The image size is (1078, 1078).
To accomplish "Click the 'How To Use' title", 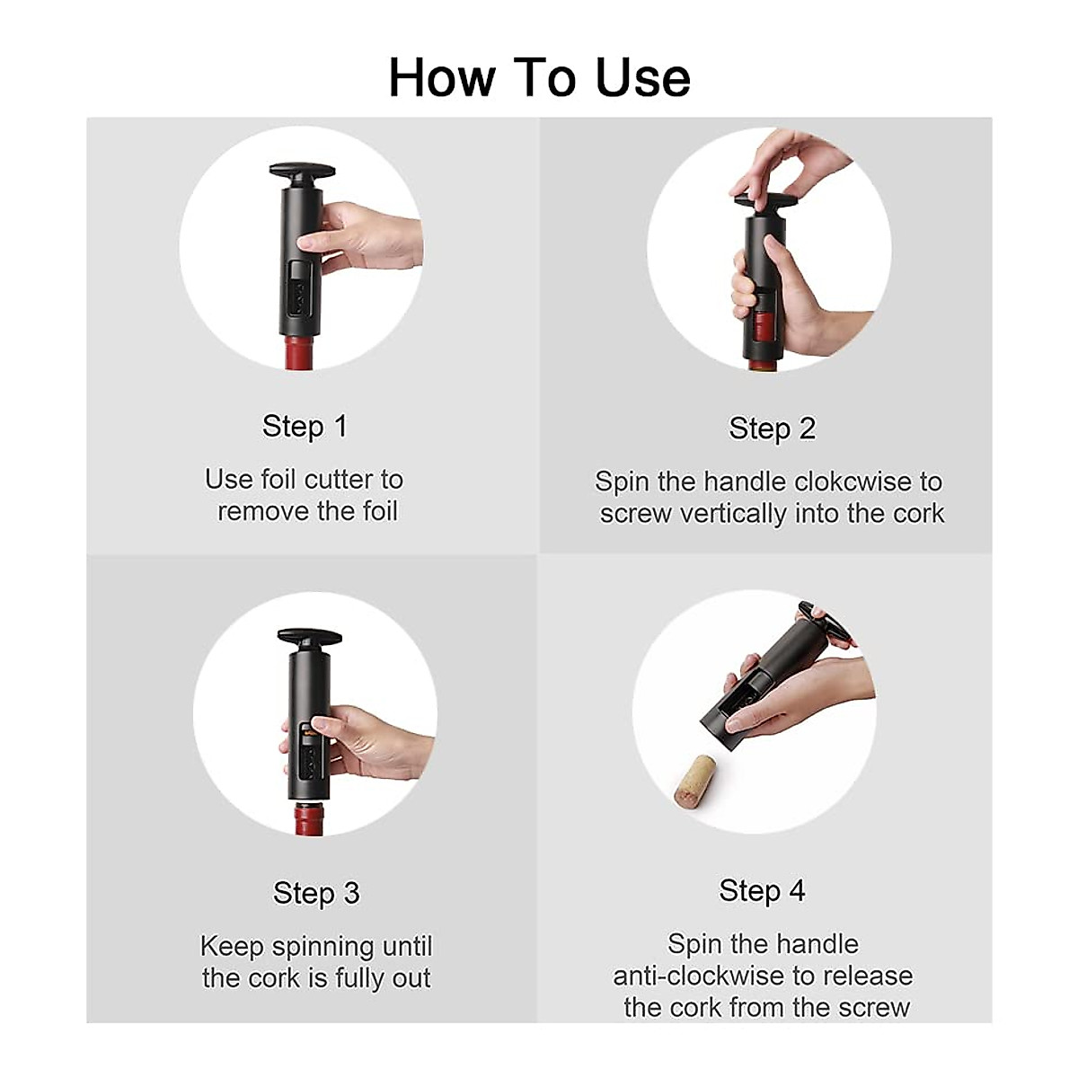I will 539,77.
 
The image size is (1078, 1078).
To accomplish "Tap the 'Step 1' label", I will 304,426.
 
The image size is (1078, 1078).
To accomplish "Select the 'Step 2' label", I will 772,429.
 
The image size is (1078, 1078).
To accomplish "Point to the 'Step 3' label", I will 316,893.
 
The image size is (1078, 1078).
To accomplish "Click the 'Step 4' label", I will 762,890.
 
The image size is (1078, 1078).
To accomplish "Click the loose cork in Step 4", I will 694,779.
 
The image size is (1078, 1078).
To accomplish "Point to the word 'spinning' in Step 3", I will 323,947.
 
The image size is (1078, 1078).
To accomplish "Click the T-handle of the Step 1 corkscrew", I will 302,171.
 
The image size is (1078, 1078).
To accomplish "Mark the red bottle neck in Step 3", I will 309,818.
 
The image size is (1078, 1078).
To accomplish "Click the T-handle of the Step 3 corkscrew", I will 309,638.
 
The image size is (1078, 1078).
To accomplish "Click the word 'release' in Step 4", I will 869,976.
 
